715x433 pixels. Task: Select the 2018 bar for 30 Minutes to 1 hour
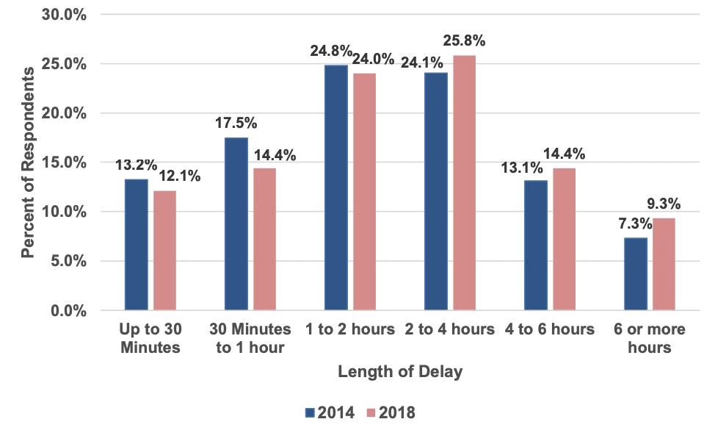click(264, 239)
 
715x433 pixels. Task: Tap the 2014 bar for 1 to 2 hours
click(336, 187)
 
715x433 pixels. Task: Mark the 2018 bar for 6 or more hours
click(664, 264)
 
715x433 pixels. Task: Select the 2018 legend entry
click(391, 412)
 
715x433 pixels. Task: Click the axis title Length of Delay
click(400, 372)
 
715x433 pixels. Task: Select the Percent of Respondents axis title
click(28, 162)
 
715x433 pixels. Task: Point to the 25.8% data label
click(464, 40)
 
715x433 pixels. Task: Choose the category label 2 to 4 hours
click(450, 329)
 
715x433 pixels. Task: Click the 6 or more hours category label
click(650, 338)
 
